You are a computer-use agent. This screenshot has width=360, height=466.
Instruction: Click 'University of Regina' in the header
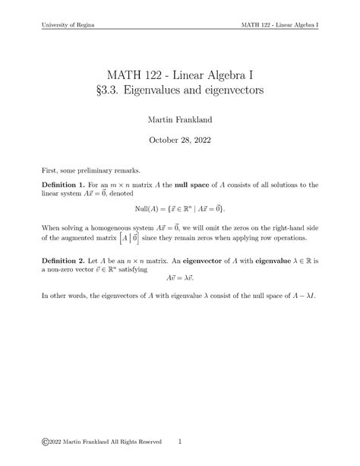pos(67,25)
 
